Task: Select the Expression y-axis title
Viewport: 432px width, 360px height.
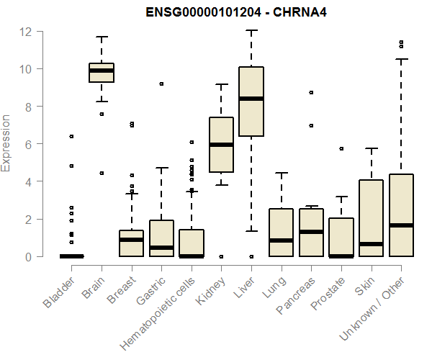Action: click(x=6, y=143)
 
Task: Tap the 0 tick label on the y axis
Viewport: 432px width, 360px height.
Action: click(x=27, y=256)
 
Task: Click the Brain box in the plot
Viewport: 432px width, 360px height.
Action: click(x=102, y=73)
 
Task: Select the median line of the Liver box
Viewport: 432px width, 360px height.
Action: click(x=251, y=99)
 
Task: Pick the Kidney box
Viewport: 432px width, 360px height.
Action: click(x=221, y=145)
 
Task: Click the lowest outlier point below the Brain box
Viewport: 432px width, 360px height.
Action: click(x=102, y=173)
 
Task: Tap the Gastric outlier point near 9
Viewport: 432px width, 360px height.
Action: click(x=161, y=84)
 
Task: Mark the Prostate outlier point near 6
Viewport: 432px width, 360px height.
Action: click(x=341, y=148)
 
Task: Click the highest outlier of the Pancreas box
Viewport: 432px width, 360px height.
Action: click(x=310, y=92)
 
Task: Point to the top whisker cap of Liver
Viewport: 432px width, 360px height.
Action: click(x=251, y=31)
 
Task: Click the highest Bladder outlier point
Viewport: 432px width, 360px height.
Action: click(x=71, y=136)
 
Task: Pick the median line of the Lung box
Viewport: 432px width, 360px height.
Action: click(x=281, y=240)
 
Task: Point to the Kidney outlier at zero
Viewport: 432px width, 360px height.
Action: click(x=221, y=256)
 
